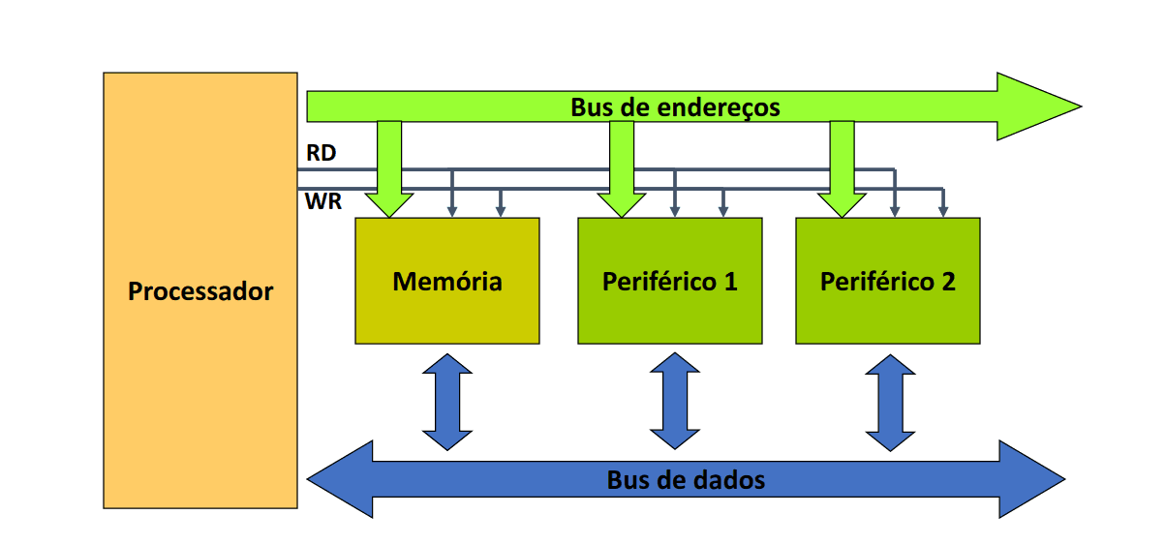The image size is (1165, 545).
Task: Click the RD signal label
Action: [x=321, y=153]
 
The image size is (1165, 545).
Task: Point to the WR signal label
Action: [x=322, y=203]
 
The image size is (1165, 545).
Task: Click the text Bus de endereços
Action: [x=675, y=106]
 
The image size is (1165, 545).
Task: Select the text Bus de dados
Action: [x=686, y=479]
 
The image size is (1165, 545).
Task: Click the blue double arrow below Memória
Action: [x=447, y=401]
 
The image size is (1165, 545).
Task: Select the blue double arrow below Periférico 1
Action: [x=674, y=401]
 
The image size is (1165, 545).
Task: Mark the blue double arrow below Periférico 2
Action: [x=890, y=401]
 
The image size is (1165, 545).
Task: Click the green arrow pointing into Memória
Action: [x=389, y=174]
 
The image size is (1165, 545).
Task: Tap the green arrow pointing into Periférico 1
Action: [x=622, y=174]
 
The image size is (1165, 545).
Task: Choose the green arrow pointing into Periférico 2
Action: [x=843, y=174]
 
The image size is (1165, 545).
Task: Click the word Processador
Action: [x=200, y=291]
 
